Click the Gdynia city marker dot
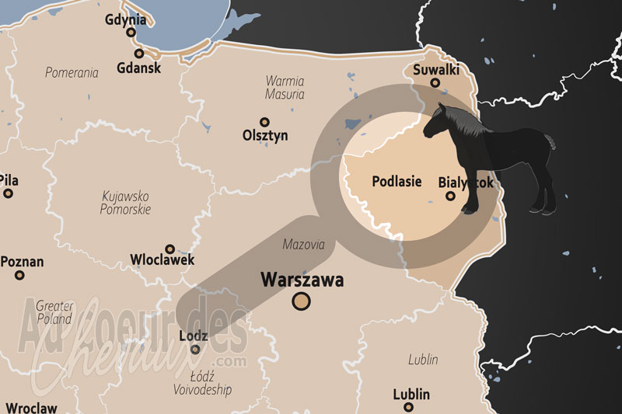131,33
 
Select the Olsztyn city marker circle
264,122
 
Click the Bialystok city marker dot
450,197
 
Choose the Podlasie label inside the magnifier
397,182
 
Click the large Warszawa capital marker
301,301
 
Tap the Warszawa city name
302,279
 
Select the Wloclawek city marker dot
169,249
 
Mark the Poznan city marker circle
19,275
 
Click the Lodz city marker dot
195,350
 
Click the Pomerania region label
72,73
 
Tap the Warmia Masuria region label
285,87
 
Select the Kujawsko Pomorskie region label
125,203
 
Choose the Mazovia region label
303,244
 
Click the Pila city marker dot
8,193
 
